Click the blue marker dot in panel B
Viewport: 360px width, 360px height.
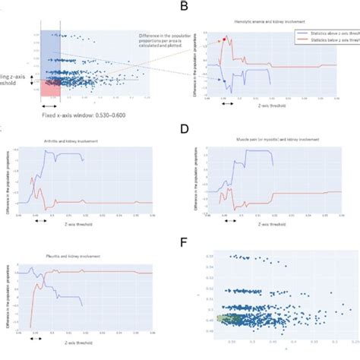click(x=226, y=80)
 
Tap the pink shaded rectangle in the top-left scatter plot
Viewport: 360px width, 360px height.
click(x=49, y=89)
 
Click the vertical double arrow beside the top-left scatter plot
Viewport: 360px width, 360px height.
click(x=31, y=83)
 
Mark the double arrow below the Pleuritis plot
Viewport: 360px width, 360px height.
click(x=34, y=339)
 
